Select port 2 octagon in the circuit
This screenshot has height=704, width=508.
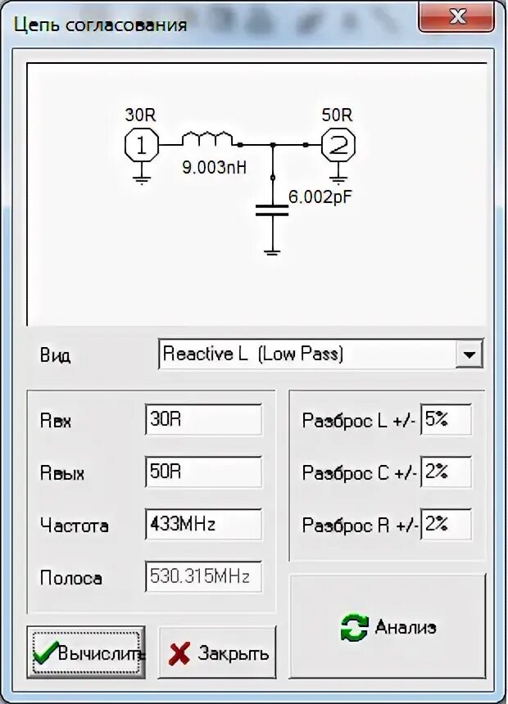click(x=337, y=146)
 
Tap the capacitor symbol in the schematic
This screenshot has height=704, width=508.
click(x=272, y=210)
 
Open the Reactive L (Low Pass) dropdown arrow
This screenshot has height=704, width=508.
click(x=469, y=355)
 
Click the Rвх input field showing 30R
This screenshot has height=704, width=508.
click(x=203, y=421)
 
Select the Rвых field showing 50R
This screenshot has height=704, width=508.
click(x=203, y=472)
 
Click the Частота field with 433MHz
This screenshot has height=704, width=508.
click(x=203, y=525)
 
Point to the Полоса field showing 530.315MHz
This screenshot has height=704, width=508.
click(x=203, y=577)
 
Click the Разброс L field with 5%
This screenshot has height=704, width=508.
click(x=446, y=421)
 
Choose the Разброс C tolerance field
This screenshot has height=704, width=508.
click(x=446, y=472)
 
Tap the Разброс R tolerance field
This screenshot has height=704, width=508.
click(x=446, y=525)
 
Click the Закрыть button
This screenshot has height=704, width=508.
click(x=217, y=653)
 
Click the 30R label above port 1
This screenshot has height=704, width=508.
click(x=138, y=115)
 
